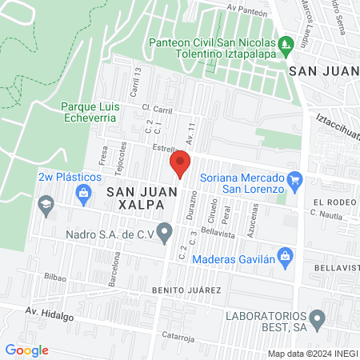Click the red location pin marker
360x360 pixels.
click(181, 163)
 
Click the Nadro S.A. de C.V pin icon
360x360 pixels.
click(166, 234)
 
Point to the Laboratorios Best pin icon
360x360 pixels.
click(318, 320)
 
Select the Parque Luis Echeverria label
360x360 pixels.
click(88, 111)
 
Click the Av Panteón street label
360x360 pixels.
click(246, 9)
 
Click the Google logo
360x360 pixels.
click(26, 350)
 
